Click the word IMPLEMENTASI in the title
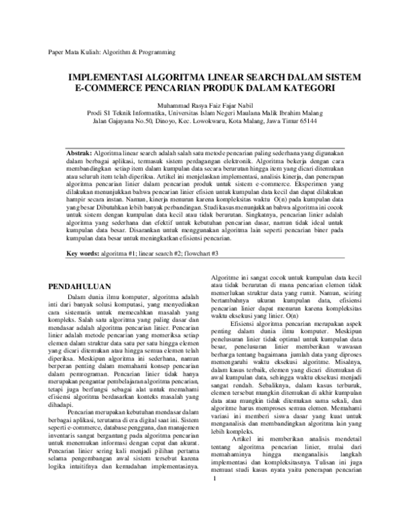[111, 78]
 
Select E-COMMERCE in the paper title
[109, 89]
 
